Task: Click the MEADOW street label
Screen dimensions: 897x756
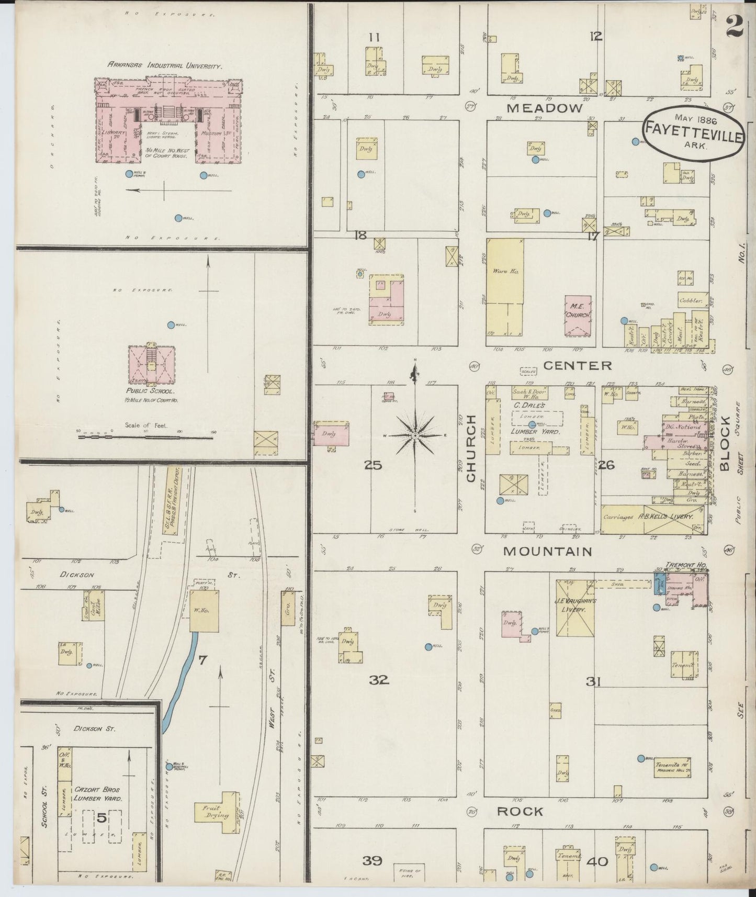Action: [545, 108]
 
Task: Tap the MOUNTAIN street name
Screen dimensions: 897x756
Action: [547, 552]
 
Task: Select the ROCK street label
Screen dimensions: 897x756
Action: [520, 812]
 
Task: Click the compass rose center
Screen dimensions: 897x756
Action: [414, 435]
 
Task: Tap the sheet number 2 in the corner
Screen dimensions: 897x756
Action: [734, 25]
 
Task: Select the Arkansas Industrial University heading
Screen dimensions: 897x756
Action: [165, 66]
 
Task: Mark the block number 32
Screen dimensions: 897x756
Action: [379, 680]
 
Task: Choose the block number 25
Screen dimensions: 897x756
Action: [374, 465]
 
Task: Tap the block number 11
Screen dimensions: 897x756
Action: [374, 37]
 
